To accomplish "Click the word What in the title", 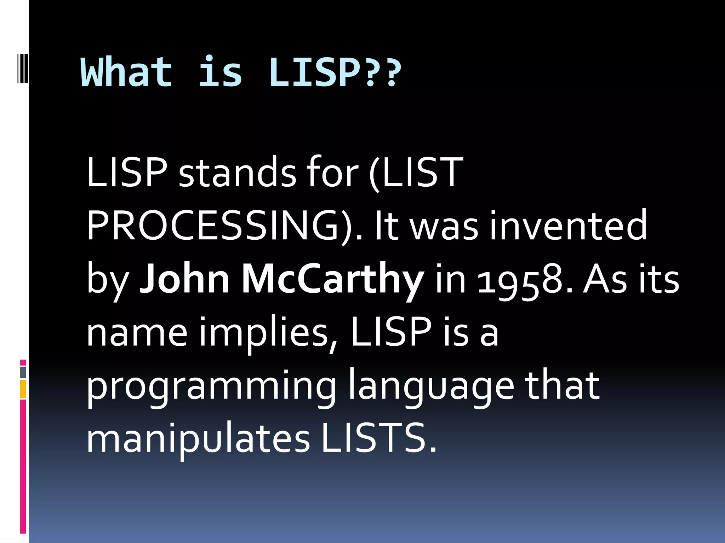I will [127, 72].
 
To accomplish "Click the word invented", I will [568, 226].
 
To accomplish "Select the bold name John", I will [184, 279].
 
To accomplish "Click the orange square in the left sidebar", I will [23, 389].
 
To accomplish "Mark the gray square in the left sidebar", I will [23, 373].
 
